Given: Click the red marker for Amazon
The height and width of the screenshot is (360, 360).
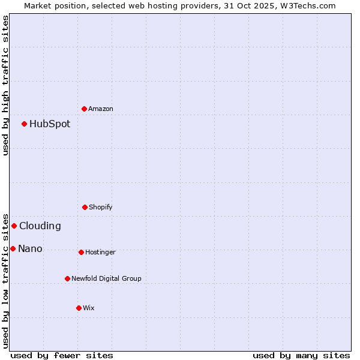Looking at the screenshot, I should click(85, 109).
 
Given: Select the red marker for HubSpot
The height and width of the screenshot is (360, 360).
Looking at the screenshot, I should click(25, 124).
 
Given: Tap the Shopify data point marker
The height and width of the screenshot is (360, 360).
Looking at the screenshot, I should click(85, 207).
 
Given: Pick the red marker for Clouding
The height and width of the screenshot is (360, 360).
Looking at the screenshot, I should click(14, 226).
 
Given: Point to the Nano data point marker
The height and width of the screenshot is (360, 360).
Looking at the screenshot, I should click(13, 248).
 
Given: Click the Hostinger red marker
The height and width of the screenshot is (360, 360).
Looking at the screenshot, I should click(81, 252).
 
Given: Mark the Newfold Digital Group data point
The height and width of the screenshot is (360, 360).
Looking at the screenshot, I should click(67, 278).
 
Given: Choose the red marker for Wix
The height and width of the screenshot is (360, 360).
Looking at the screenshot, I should click(79, 308).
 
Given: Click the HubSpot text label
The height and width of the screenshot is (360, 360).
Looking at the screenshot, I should click(50, 124).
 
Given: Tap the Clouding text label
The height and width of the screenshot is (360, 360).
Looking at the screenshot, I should click(40, 226).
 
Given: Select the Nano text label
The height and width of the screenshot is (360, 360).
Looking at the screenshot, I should click(30, 249).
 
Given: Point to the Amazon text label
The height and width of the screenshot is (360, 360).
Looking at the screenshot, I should click(101, 109).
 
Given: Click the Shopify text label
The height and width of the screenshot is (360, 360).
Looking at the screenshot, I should click(101, 207).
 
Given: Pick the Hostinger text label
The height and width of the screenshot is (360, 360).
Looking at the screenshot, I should click(100, 252).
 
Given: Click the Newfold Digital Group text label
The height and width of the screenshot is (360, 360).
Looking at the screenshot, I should click(106, 278).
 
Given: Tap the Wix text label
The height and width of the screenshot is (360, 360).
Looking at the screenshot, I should click(89, 308).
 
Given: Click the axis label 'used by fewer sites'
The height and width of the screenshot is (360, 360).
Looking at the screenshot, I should click(62, 355).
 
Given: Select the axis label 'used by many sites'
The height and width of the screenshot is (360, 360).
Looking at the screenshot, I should click(301, 355).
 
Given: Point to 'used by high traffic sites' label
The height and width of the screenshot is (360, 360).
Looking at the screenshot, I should click(5, 85).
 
